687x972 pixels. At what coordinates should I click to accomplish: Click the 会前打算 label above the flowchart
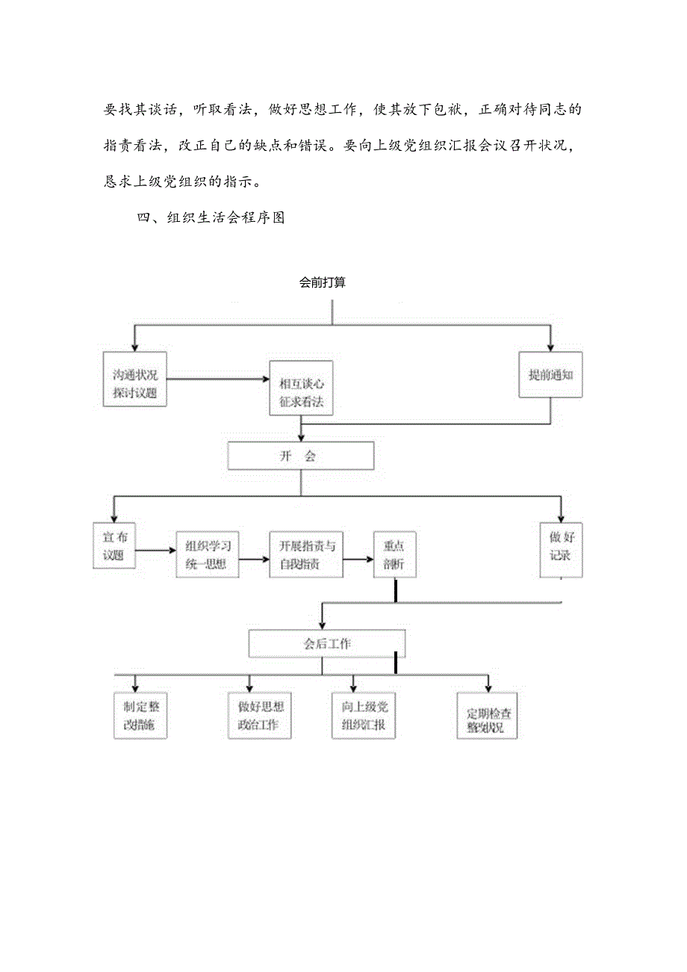pyautogui.click(x=322, y=283)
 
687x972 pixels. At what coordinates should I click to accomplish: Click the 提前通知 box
pyautogui.click(x=550, y=376)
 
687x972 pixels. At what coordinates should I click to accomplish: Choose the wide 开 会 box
pyautogui.click(x=300, y=456)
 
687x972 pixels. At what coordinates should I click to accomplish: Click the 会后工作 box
pyautogui.click(x=327, y=643)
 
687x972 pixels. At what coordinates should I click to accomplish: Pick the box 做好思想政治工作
pyautogui.click(x=259, y=716)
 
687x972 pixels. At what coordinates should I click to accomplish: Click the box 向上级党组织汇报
pyautogui.click(x=364, y=716)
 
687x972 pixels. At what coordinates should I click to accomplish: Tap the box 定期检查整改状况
pyautogui.click(x=487, y=719)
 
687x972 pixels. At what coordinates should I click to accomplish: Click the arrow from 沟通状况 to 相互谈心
pyautogui.click(x=218, y=380)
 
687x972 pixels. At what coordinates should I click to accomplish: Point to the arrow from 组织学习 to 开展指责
pyautogui.click(x=254, y=557)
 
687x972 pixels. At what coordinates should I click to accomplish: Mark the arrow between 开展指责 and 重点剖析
pyautogui.click(x=358, y=558)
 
